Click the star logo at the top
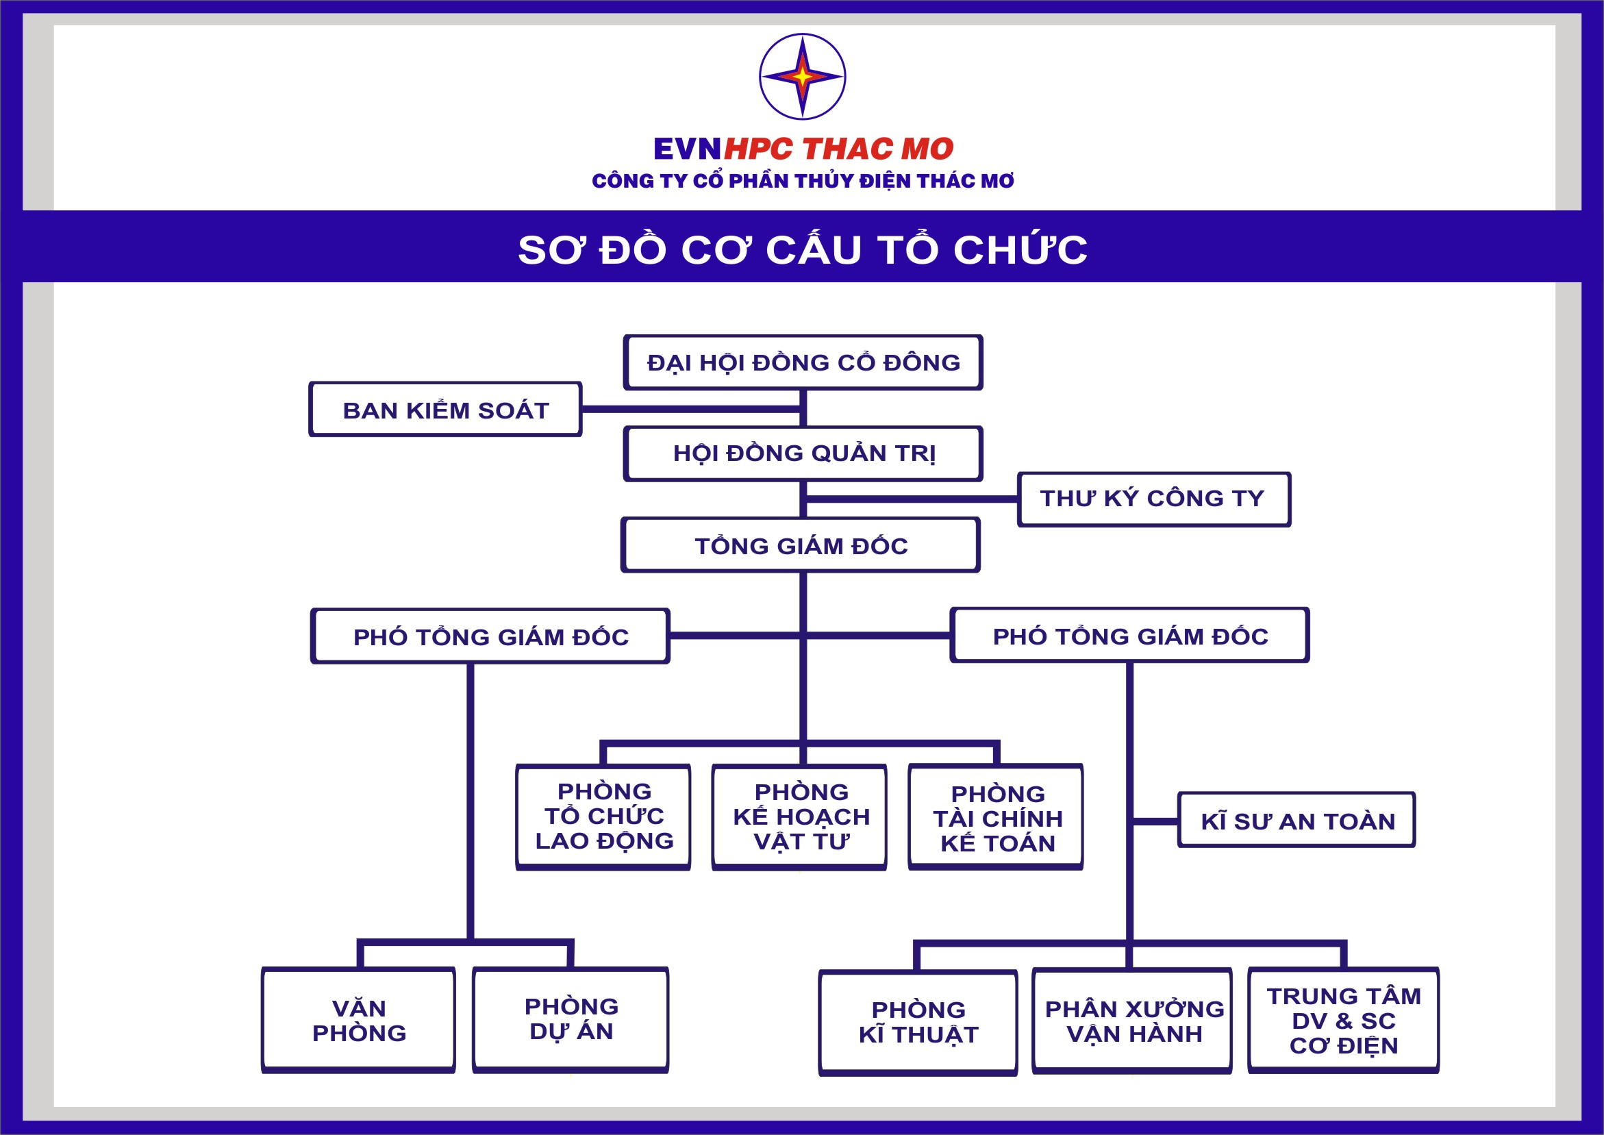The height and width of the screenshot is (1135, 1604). click(x=802, y=77)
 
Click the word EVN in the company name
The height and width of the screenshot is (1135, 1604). click(x=687, y=149)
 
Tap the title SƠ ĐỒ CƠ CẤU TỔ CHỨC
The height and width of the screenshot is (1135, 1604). click(x=802, y=249)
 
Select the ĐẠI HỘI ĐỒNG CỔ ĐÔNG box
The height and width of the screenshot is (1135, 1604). click(x=803, y=362)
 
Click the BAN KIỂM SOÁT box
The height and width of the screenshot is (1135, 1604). click(x=445, y=409)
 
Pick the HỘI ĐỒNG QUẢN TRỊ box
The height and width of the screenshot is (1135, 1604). click(x=803, y=453)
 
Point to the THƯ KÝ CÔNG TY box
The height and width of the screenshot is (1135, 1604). click(x=1153, y=499)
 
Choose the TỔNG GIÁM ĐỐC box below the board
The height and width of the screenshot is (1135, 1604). click(x=800, y=545)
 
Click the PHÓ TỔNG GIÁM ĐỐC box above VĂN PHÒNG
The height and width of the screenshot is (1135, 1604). click(x=490, y=636)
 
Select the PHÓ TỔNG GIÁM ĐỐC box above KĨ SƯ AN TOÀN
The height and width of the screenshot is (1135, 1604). click(x=1129, y=635)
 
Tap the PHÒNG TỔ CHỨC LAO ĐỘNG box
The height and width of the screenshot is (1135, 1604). click(x=603, y=817)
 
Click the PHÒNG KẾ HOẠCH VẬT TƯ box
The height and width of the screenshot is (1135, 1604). click(x=799, y=817)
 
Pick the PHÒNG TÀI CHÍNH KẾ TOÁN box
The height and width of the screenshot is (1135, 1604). click(x=996, y=817)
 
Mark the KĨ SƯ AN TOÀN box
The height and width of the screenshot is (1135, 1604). click(x=1296, y=820)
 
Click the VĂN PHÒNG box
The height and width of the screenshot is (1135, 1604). click(x=358, y=1021)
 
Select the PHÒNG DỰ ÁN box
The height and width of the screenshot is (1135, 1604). click(x=571, y=1021)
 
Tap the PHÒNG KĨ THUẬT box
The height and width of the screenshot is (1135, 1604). click(x=918, y=1023)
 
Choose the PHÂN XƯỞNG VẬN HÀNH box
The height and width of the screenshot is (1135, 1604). click(x=1131, y=1021)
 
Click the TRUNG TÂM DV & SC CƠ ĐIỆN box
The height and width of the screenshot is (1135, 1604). click(x=1344, y=1021)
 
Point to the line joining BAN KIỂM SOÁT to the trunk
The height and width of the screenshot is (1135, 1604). click(x=690, y=409)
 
